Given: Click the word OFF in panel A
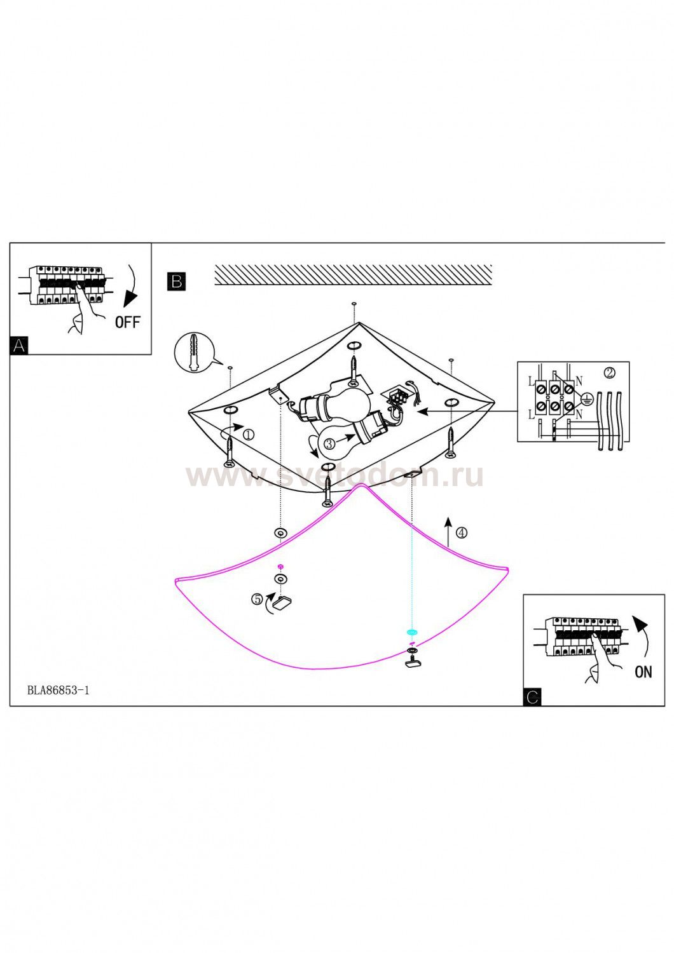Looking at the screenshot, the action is pos(127,322).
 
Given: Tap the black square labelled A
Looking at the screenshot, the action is pos(18,346).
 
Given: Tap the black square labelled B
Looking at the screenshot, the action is pos(176,281).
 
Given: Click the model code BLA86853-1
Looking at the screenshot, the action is pos(58,690).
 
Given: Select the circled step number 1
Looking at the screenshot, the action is pos(249,435).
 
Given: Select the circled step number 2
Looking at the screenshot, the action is pos(610,373).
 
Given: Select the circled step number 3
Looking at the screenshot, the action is pos(329,443).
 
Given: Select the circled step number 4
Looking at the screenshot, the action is pos(462,532).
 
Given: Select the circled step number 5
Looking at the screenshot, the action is pos(257,599).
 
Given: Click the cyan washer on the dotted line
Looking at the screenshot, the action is pos(411,632).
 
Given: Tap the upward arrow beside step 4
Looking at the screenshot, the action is pos(448,531).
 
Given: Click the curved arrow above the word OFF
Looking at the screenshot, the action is pos(132,284).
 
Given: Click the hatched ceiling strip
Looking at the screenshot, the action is pos(353,275).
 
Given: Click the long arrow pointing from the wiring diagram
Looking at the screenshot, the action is pos(467,412).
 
